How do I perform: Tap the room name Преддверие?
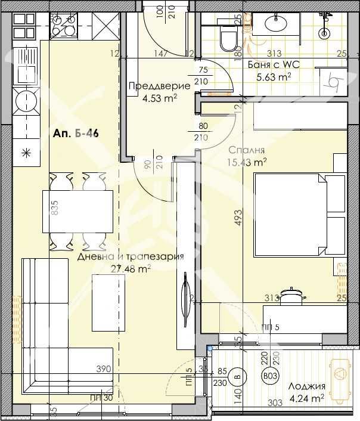point(159,86)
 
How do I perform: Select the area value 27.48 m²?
point(131,268)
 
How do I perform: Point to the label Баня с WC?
point(269,65)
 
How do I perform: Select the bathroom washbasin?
point(277,23)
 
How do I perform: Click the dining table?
point(77,212)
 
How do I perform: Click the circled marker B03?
point(270,376)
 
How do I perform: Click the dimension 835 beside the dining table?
point(55,208)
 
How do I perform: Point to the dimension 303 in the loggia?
point(275,404)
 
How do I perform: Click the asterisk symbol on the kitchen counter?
point(25,152)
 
